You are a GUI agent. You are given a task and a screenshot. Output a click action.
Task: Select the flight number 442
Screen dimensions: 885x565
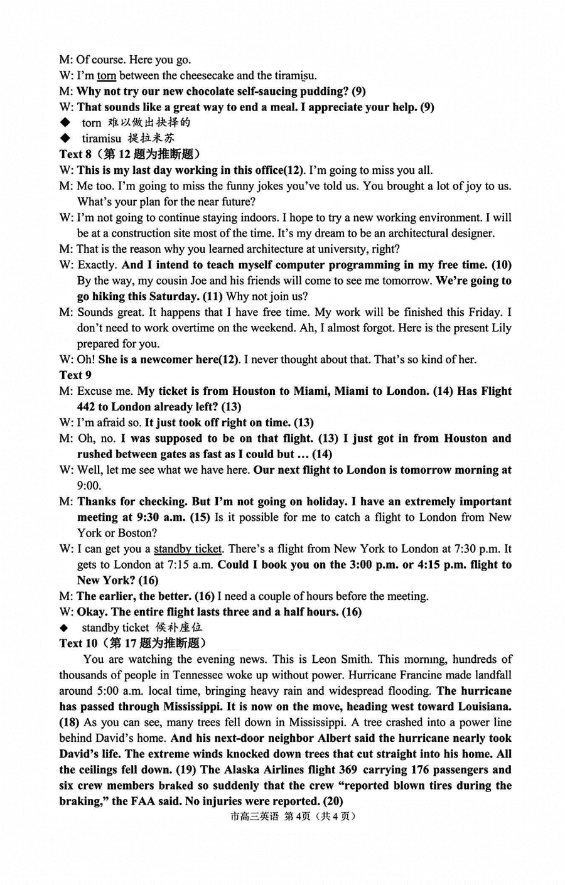pos(87,407)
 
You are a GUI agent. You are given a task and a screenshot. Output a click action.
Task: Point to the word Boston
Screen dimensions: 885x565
pos(134,533)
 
